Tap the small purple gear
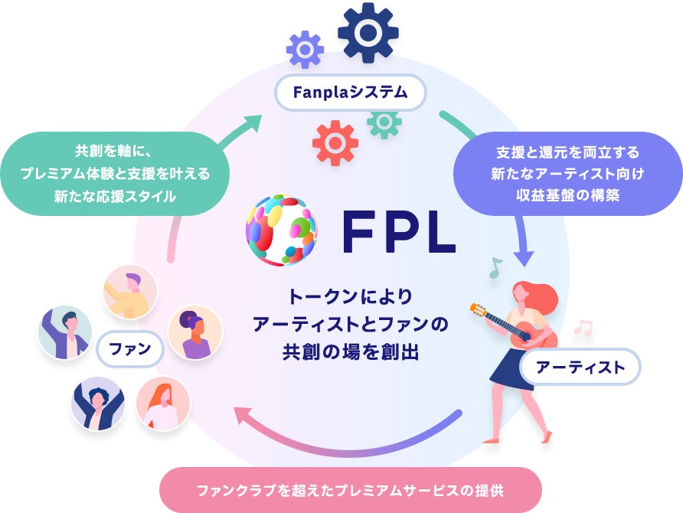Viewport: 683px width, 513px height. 305,50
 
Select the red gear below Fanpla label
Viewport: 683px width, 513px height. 335,143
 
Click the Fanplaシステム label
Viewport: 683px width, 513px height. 349,93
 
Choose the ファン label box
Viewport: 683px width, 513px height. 131,351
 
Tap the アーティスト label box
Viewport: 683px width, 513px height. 580,367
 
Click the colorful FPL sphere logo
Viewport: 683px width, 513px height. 281,230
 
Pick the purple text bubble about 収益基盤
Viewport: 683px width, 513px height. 567,174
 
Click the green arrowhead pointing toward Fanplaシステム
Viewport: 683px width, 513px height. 253,124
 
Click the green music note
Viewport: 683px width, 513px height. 495,266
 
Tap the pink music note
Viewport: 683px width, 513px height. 583,328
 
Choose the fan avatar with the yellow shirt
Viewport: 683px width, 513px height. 129,291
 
